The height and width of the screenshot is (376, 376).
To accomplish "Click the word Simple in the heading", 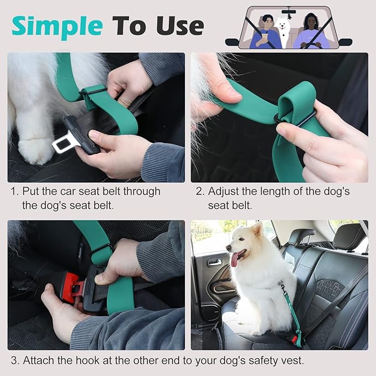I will click(56, 25).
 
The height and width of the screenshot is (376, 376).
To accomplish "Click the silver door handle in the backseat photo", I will click(215, 261).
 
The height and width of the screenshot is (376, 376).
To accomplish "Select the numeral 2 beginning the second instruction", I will click(199, 192).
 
